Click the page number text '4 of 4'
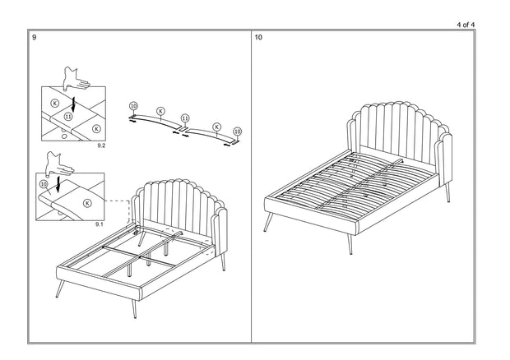465,25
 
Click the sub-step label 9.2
101,145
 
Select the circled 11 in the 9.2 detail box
68,118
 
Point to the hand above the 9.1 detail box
59,166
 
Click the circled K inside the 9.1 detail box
87,202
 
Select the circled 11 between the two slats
185,118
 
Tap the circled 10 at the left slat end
133,107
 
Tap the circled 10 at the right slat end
238,131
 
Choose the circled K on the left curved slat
160,110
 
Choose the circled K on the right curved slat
216,127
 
